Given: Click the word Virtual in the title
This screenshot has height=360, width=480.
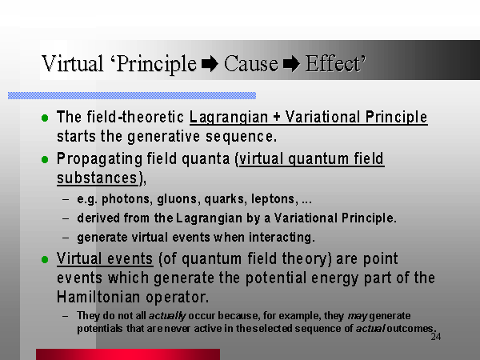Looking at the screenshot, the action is (72, 63).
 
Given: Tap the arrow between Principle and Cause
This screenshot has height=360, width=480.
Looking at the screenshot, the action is (210, 64).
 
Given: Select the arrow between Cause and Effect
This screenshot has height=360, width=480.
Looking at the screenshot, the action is (291, 64).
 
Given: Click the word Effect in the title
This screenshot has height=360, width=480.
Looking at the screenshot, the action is (333, 63).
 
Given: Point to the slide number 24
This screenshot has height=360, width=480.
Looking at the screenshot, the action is (436, 337).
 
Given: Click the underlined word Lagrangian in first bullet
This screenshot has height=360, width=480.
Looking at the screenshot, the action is (229, 118).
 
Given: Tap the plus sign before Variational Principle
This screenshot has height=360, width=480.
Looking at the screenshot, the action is (277, 118).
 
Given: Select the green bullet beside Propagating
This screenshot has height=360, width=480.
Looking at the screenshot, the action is (45, 159).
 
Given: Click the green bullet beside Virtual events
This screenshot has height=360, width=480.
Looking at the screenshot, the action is (45, 259).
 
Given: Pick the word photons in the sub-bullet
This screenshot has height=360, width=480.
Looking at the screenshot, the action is (126, 199).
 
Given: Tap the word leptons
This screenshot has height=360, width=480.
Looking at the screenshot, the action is (274, 199).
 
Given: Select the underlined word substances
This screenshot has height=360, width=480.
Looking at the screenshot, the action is (97, 178).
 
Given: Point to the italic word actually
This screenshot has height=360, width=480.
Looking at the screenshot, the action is (167, 316).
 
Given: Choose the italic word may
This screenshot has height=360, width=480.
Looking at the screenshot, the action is (358, 316).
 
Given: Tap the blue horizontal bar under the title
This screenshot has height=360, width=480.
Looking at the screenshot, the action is (132, 95).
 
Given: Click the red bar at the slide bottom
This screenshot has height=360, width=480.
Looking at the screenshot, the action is (128, 354).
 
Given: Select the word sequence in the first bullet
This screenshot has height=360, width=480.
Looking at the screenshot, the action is (241, 137).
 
